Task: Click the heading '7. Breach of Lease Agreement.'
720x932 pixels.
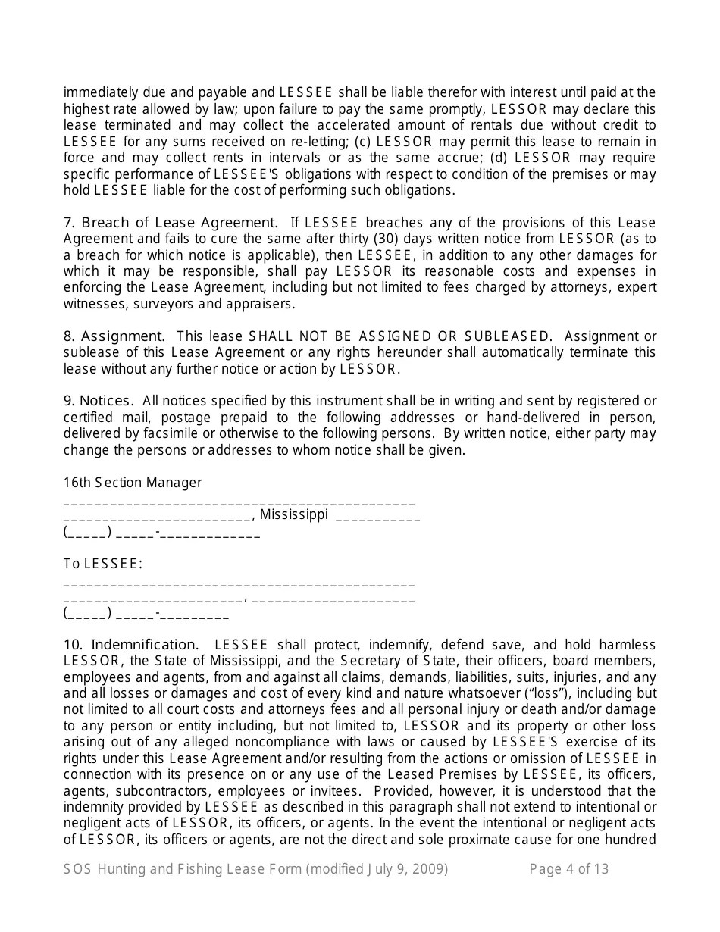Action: pos(171,223)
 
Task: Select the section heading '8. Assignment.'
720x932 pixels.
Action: pos(114,336)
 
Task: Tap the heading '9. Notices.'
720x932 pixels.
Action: pos(99,401)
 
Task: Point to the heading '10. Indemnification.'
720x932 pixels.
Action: pos(131,645)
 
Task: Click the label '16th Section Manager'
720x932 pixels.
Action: pos(133,483)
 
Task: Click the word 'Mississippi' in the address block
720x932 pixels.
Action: pos(294,515)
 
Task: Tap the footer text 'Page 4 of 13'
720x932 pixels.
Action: pos(568,869)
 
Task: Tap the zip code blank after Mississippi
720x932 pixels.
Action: pos(377,518)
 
